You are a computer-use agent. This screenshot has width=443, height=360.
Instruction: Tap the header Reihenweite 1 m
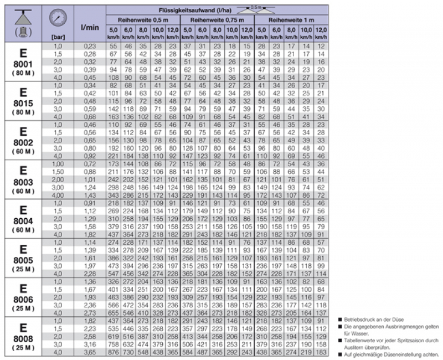[x=292, y=19]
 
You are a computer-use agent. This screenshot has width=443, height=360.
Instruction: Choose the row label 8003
[x=23, y=182]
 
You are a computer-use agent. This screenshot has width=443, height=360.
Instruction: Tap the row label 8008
[x=23, y=339]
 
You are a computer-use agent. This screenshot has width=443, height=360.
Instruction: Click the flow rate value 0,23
[x=90, y=45]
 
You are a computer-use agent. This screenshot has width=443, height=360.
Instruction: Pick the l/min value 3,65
[x=90, y=352]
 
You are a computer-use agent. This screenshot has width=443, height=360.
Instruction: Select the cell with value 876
[x=114, y=352]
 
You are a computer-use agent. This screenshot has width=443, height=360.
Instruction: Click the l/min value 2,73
[x=90, y=313]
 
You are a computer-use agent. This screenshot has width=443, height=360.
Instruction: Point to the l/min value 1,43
[x=90, y=195]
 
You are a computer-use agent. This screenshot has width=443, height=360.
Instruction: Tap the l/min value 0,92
[x=90, y=156]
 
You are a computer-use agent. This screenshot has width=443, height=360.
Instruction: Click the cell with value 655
[x=114, y=313]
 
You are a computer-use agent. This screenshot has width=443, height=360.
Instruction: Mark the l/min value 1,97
[x=90, y=266]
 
